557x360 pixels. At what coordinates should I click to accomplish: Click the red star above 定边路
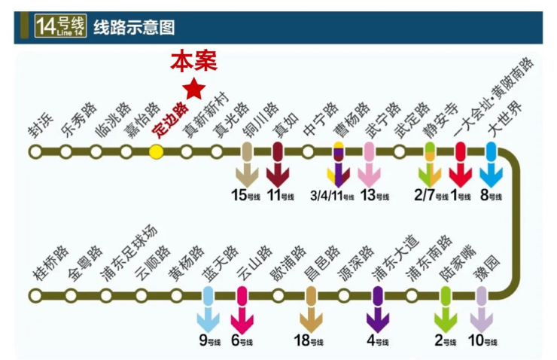click(193, 89)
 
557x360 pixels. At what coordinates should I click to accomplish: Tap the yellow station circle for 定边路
click(157, 151)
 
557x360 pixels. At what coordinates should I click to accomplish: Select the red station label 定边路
click(170, 120)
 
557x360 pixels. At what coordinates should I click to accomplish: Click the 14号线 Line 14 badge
click(61, 26)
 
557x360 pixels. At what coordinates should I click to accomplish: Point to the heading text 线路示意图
click(134, 27)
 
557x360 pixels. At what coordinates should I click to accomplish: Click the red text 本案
click(193, 62)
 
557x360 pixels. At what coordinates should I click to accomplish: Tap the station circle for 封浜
click(35, 151)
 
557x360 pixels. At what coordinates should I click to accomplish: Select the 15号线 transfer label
click(245, 195)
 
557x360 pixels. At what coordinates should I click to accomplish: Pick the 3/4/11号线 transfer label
click(332, 196)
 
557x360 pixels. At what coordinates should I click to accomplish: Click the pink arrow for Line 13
click(369, 175)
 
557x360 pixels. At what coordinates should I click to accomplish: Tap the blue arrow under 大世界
click(491, 175)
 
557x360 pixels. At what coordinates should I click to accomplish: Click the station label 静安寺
click(440, 121)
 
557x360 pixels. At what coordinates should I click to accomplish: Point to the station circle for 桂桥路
click(35, 295)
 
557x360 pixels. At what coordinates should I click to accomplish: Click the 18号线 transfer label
click(309, 340)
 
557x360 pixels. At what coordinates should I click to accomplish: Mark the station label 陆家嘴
click(457, 264)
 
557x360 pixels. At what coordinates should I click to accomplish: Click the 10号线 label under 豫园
click(482, 340)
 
